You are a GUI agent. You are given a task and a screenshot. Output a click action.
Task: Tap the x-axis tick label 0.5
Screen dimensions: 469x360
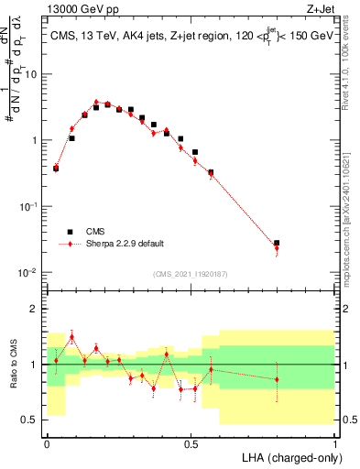pos(191,442)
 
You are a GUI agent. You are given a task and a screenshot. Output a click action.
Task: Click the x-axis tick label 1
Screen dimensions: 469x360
pos(334,442)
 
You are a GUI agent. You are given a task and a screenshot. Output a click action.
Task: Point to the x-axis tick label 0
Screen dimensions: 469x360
pos(47,442)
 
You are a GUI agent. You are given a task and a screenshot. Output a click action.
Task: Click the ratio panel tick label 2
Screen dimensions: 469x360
pos(35,310)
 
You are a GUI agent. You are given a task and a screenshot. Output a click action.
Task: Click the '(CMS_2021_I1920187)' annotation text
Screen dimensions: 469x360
pos(191,273)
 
